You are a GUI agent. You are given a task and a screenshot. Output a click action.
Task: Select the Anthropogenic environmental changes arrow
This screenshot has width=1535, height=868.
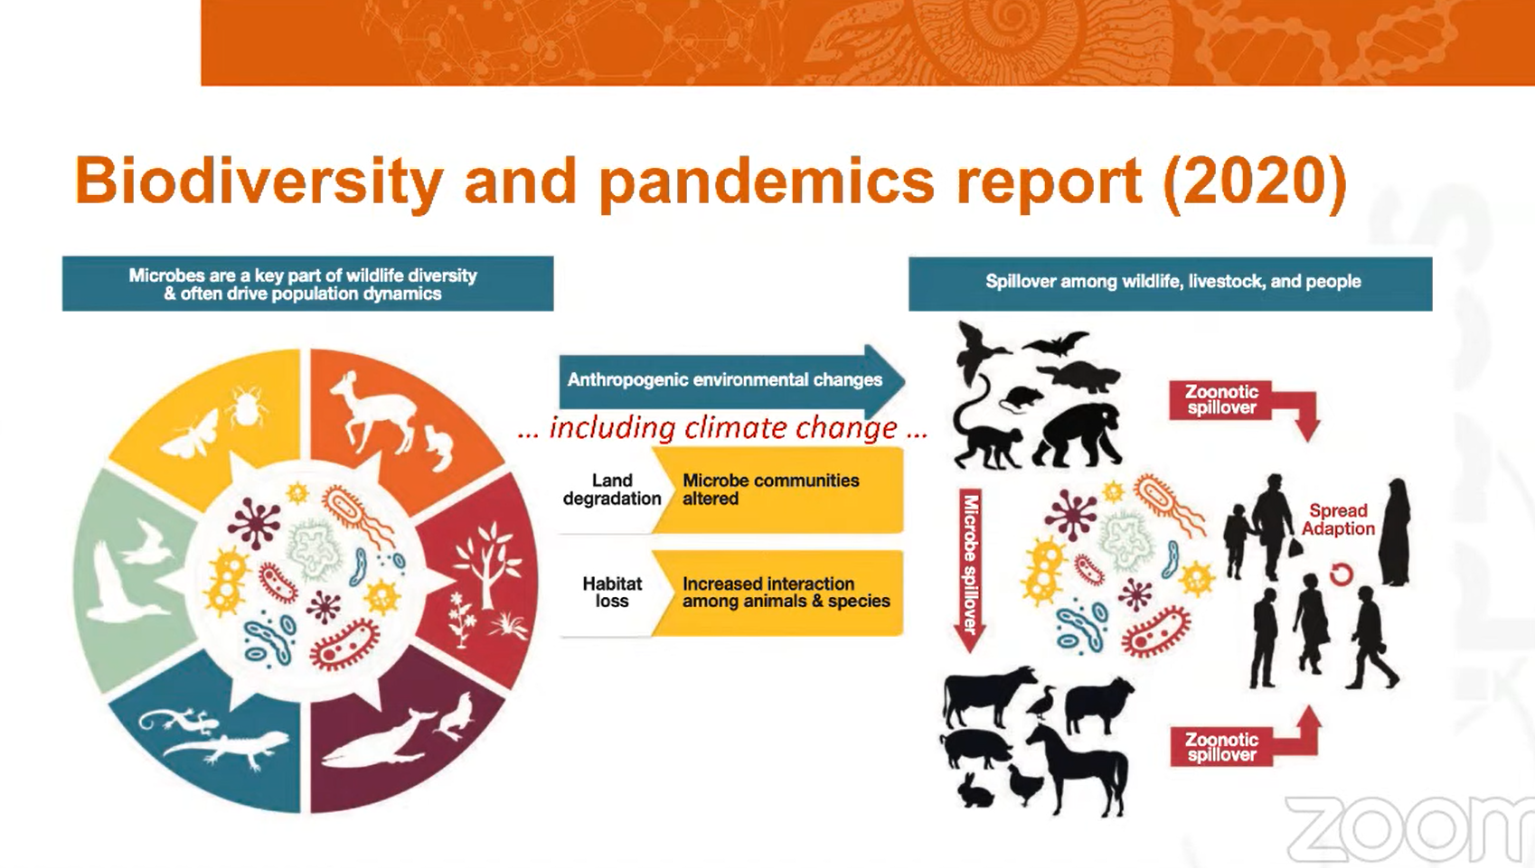[x=732, y=380]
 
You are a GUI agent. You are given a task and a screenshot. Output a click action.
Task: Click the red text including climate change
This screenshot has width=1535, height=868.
[x=723, y=428]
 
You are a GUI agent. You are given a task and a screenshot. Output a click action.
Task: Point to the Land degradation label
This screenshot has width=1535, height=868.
[x=612, y=490]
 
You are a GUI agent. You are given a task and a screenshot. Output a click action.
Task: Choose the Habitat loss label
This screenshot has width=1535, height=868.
[x=612, y=593]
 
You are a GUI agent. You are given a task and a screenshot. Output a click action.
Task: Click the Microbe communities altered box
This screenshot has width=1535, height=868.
[x=777, y=490]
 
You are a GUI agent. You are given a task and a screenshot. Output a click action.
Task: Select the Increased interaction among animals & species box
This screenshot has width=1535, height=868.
[x=777, y=593]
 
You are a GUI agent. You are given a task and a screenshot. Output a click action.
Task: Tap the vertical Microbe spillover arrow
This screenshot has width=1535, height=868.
[x=970, y=570]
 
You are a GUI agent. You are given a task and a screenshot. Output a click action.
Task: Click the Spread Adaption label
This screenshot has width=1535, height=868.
[x=1338, y=519]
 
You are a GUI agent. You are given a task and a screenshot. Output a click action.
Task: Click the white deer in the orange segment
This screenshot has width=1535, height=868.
[x=374, y=412]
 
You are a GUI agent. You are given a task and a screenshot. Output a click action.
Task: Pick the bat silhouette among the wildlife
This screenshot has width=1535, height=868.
[x=1056, y=343]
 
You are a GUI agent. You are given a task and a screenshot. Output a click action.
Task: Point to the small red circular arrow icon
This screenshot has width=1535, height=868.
[x=1341, y=574]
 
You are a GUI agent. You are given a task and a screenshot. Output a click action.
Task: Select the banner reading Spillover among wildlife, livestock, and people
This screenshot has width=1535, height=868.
[x=1171, y=284]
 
